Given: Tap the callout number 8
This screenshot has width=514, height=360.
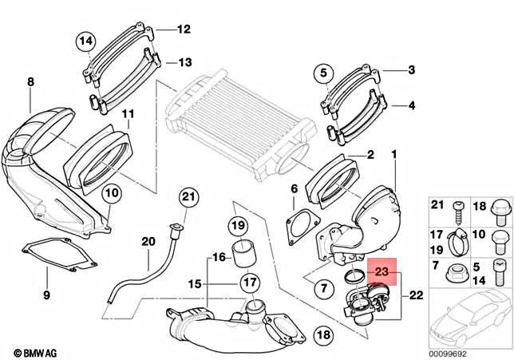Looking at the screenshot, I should pos(30,81).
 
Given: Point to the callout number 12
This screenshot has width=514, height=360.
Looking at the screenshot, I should pos(184,30).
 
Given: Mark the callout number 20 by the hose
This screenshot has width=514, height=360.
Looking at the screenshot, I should pos(148,242).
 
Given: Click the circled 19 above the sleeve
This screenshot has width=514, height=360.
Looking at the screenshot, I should pos(238,227).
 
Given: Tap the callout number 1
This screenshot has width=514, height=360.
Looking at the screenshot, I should pos(393,152).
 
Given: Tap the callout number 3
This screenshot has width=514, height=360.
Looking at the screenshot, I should pos(412,71).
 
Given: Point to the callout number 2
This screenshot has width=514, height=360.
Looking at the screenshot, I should pos(370,152).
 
